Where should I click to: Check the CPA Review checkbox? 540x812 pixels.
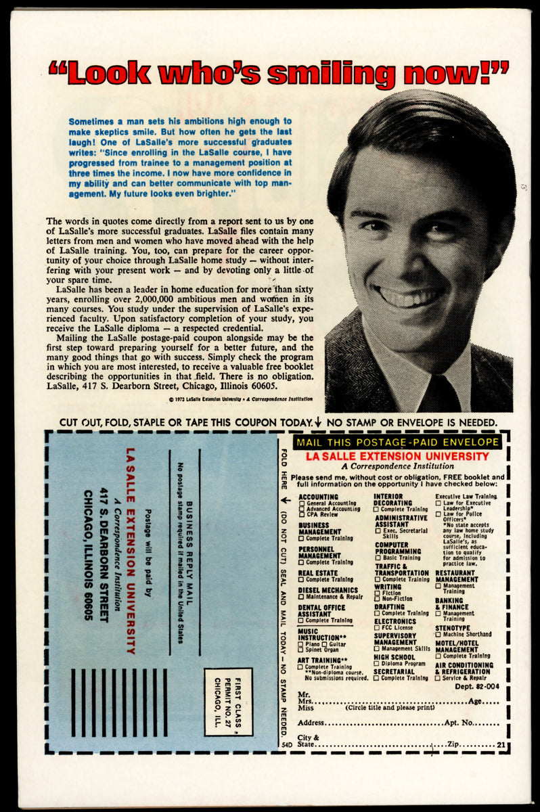(302, 515)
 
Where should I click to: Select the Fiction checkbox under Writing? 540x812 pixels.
(378, 593)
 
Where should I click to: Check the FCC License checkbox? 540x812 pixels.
(378, 627)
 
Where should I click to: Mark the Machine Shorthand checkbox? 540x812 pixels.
(438, 634)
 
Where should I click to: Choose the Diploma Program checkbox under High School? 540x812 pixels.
(378, 664)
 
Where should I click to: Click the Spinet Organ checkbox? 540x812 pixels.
(302, 650)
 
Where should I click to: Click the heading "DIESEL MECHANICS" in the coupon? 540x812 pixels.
(328, 590)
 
